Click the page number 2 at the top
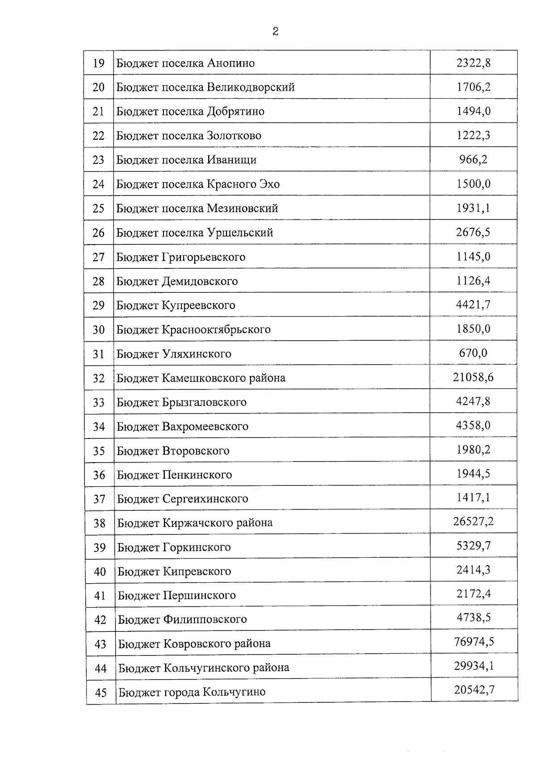pyautogui.click(x=275, y=31)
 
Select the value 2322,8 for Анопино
pyautogui.click(x=473, y=63)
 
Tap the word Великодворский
pyautogui.click(x=251, y=87)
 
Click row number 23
pyautogui.click(x=98, y=160)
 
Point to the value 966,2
pyautogui.click(x=473, y=159)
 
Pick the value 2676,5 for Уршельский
pyautogui.click(x=473, y=232)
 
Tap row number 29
pyautogui.click(x=98, y=305)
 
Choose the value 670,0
pyautogui.click(x=473, y=353)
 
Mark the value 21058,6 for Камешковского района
pyautogui.click(x=473, y=377)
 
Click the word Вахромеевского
pyautogui.click(x=205, y=426)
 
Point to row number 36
pyautogui.click(x=99, y=475)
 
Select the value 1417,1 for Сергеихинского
pyautogui.click(x=473, y=497)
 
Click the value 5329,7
pyautogui.click(x=473, y=546)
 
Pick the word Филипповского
pyautogui.click(x=205, y=619)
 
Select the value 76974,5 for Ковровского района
pyautogui.click(x=473, y=642)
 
